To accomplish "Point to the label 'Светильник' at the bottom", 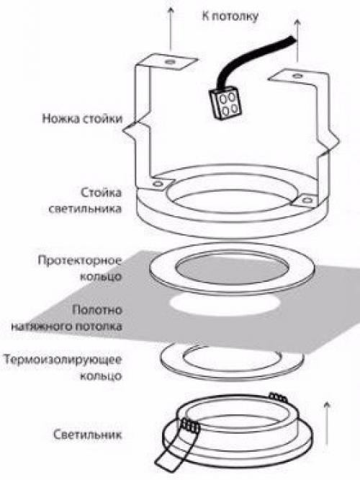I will click(x=89, y=435).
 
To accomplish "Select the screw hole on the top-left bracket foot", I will click(x=169, y=63).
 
